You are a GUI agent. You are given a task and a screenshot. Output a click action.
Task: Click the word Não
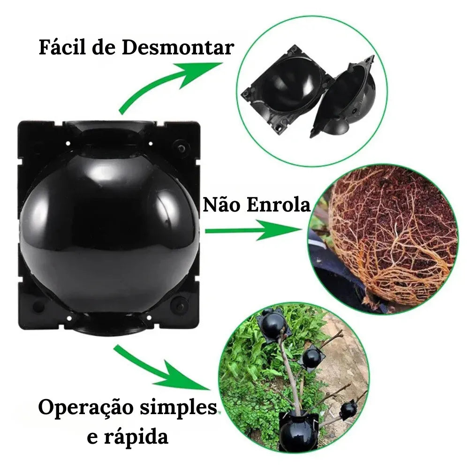(220, 205)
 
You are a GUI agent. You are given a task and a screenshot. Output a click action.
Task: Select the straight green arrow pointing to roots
(253, 230)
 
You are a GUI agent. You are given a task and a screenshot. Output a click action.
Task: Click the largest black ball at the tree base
(298, 429)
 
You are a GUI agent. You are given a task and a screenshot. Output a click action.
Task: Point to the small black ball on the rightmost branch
(348, 409)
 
